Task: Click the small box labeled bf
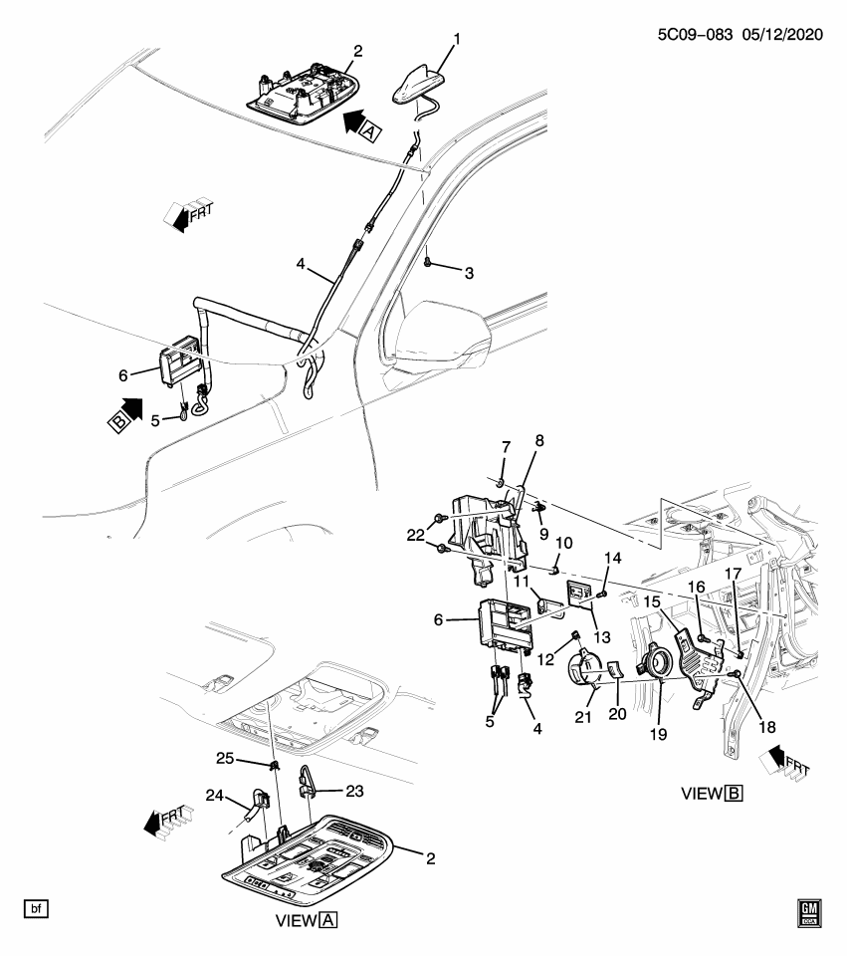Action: click(x=36, y=908)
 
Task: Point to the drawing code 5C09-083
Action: click(x=688, y=33)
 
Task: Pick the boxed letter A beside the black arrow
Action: click(x=368, y=130)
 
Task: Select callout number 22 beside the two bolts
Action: click(x=415, y=534)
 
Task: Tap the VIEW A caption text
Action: click(x=307, y=921)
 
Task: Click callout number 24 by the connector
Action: click(x=216, y=796)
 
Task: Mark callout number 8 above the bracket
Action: click(x=540, y=439)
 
